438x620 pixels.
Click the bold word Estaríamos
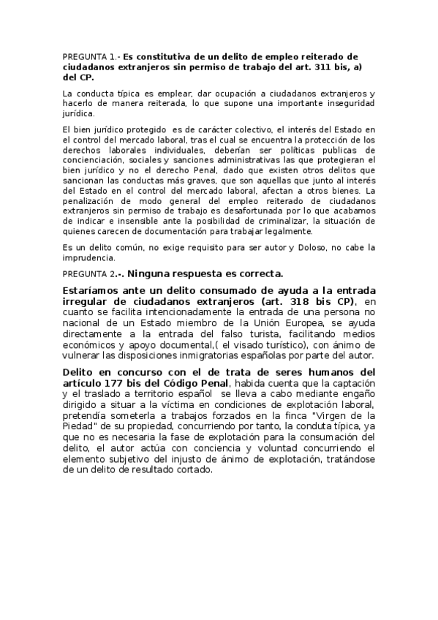click(97, 290)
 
